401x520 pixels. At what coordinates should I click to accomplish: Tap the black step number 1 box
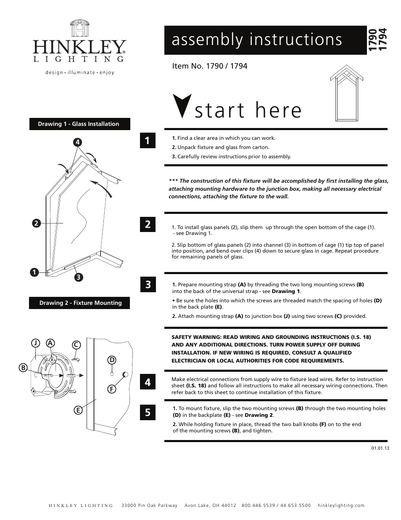pyautogui.click(x=148, y=141)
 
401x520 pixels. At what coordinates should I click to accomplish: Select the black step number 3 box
pyautogui.click(x=148, y=285)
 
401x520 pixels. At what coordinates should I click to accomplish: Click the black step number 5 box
pyautogui.click(x=148, y=412)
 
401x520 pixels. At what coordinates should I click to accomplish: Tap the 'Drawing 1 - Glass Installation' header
pyautogui.click(x=79, y=124)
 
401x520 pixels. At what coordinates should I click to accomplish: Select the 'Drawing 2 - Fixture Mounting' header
pyautogui.click(x=80, y=303)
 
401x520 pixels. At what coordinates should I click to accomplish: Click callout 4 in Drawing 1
pyautogui.click(x=78, y=142)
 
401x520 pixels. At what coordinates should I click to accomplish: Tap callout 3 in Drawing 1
pyautogui.click(x=78, y=277)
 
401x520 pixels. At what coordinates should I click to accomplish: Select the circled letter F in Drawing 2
pyautogui.click(x=112, y=389)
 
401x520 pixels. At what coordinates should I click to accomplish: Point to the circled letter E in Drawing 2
pyautogui.click(x=78, y=410)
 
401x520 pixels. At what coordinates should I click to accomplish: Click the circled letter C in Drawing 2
pyautogui.click(x=76, y=345)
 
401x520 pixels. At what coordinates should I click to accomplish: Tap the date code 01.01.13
pyautogui.click(x=380, y=448)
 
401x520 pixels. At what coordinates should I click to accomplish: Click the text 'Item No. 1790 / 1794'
pyautogui.click(x=210, y=66)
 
